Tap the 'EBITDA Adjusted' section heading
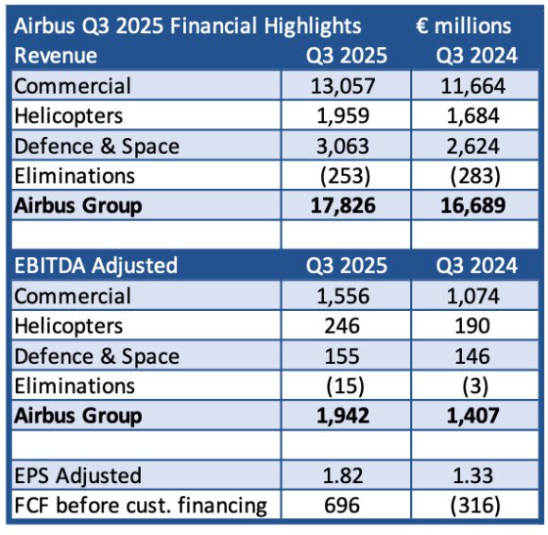[95, 266]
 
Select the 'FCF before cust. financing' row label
[140, 506]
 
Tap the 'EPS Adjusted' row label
[77, 475]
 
